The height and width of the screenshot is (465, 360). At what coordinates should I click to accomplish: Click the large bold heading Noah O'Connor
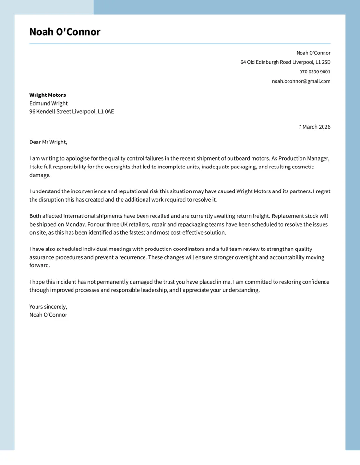65,32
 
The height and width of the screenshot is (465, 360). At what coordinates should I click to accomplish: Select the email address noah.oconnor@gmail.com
301,81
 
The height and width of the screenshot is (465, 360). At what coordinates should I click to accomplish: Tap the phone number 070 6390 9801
314,72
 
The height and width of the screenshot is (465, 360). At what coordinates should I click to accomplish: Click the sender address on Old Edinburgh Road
285,62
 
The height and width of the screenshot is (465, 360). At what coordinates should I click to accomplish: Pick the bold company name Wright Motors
48,95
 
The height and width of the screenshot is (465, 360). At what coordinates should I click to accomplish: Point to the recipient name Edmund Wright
48,103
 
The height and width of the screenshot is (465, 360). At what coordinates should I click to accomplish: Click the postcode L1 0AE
106,112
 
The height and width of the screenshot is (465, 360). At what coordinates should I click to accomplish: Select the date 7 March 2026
314,127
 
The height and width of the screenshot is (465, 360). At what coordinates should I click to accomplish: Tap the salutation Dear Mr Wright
48,142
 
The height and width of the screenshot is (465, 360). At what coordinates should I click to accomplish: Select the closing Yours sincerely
48,307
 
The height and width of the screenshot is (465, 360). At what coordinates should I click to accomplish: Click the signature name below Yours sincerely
48,315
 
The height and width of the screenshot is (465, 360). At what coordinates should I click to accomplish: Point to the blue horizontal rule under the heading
180,44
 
